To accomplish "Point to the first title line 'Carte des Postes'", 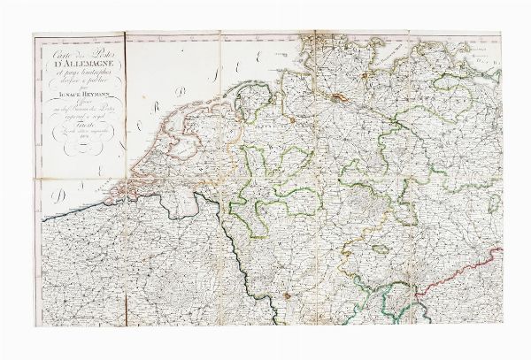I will click(79, 49).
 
